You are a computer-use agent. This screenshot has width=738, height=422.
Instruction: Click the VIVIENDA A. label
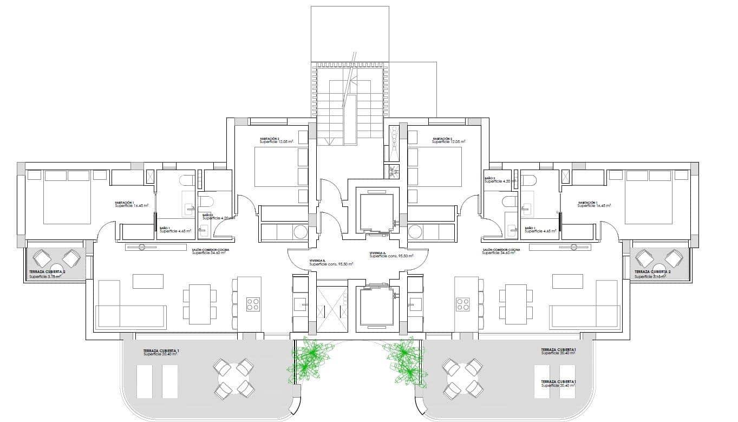pyautogui.click(x=377, y=253)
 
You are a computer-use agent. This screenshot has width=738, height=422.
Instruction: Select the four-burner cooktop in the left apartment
pyautogui.click(x=253, y=304)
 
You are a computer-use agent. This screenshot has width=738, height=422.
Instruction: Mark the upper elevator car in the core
pyautogui.click(x=377, y=211)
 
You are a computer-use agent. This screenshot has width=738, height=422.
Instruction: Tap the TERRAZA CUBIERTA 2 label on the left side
pyautogui.click(x=47, y=272)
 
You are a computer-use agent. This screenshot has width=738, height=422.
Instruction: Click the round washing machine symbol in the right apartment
pyautogui.click(x=416, y=232)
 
